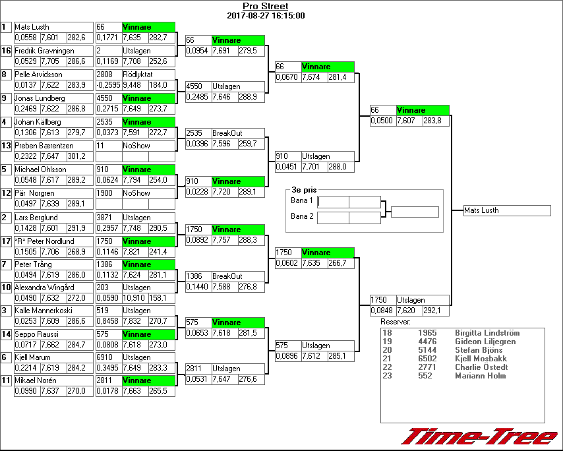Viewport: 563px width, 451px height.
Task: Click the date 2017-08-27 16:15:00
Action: point(265,15)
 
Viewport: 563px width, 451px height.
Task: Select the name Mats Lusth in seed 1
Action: point(32,27)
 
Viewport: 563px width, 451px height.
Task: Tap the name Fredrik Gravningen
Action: point(44,51)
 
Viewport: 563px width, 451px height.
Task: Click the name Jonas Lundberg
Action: point(40,98)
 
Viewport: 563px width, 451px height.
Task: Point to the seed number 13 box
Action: point(6,146)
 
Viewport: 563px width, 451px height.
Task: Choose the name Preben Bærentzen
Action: point(44,146)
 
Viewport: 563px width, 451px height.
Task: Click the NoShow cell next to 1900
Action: point(136,193)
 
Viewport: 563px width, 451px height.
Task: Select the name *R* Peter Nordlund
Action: point(45,241)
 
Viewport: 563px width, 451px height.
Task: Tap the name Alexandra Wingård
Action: point(44,287)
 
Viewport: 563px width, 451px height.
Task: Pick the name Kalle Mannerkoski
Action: point(43,311)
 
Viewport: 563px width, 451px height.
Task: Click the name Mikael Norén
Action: point(36,380)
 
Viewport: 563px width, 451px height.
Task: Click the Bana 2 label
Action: point(302,216)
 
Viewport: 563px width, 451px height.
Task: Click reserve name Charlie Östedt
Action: point(481,367)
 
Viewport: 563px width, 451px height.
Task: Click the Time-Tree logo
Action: point(479,436)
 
